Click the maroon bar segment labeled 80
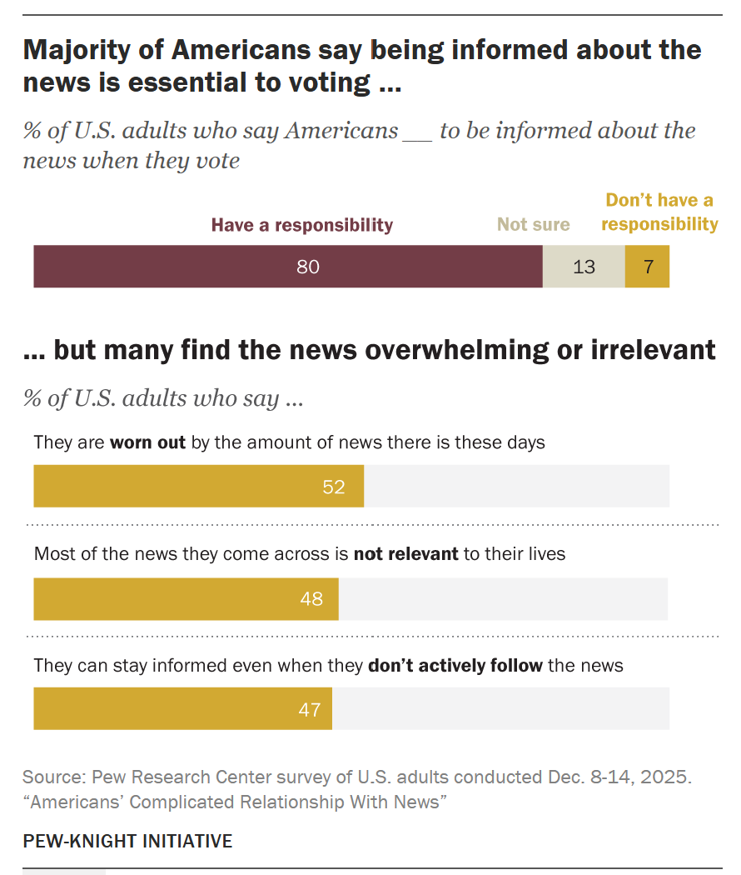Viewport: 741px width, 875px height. pyautogui.click(x=288, y=267)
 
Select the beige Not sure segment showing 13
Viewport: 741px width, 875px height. pyautogui.click(x=584, y=267)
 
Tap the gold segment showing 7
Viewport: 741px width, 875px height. pyautogui.click(x=647, y=267)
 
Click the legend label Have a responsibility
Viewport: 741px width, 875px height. pyautogui.click(x=301, y=225)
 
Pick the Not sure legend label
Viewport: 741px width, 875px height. pyautogui.click(x=534, y=225)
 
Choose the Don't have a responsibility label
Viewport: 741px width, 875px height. pyautogui.click(x=659, y=212)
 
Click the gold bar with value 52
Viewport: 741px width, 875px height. pyautogui.click(x=198, y=487)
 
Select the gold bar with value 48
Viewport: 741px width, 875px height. pyautogui.click(x=186, y=599)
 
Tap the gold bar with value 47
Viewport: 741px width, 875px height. pyautogui.click(x=182, y=709)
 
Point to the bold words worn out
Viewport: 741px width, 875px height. pyautogui.click(x=147, y=442)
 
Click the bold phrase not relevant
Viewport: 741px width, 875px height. pyautogui.click(x=405, y=554)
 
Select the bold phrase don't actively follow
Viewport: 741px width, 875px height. pyautogui.click(x=455, y=666)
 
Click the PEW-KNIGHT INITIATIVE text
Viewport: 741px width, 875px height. pyautogui.click(x=127, y=841)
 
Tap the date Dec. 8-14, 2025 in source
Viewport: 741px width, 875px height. pyautogui.click(x=619, y=777)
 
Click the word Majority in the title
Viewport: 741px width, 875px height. pyautogui.click(x=82, y=51)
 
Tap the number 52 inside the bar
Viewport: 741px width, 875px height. pyautogui.click(x=333, y=487)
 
